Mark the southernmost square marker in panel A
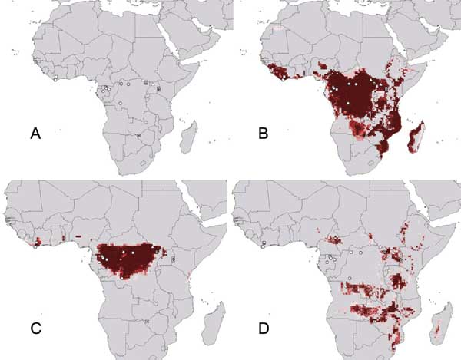138,135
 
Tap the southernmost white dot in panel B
348,102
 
